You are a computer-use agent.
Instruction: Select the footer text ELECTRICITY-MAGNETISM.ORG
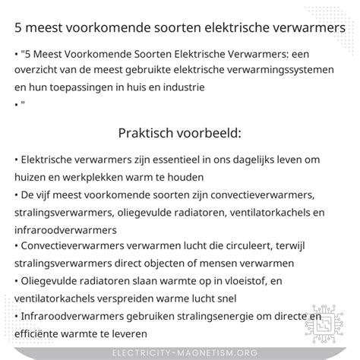click(179, 352)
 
